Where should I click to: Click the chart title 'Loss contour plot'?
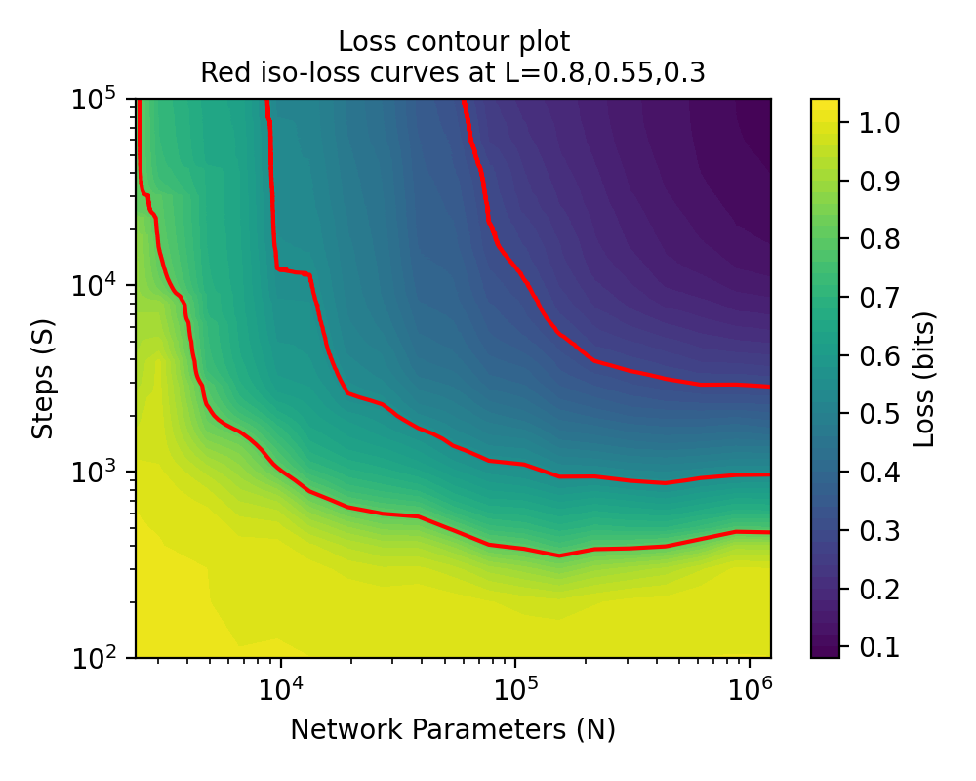tap(453, 42)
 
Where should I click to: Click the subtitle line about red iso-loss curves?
tap(453, 73)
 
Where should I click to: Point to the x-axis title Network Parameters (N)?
tap(453, 729)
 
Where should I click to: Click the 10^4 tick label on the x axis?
tap(280, 688)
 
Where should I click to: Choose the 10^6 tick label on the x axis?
tap(749, 688)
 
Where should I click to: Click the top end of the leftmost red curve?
tap(140, 101)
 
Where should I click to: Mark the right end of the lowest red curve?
tap(770, 532)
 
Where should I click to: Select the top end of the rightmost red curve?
tap(464, 101)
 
